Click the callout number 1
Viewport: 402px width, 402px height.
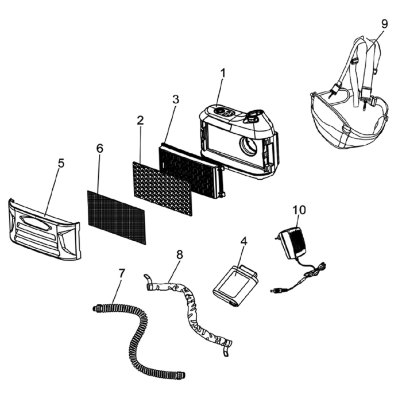coord(223,74)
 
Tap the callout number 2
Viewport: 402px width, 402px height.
coord(140,121)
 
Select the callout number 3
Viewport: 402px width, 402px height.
coord(175,99)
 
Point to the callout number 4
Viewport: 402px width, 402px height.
coord(243,242)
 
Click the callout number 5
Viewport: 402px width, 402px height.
coord(61,163)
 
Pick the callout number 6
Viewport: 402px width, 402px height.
coord(99,148)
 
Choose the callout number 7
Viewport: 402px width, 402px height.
coord(122,273)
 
